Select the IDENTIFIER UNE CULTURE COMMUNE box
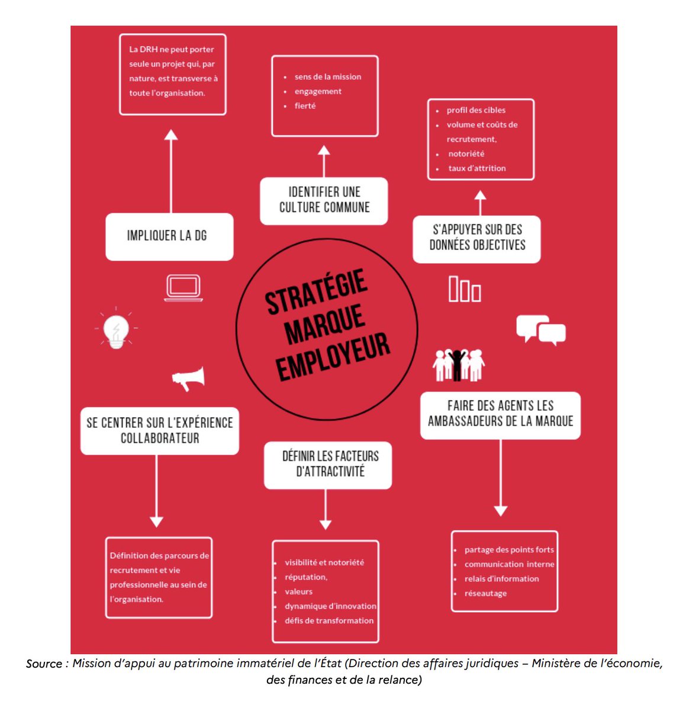coord(324,201)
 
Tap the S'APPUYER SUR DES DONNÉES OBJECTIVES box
coord(476,239)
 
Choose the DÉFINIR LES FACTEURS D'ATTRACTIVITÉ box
coord(328,465)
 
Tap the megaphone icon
coord(189,378)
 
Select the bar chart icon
coord(465,289)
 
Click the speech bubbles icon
coord(540,329)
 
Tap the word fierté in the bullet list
coord(305,106)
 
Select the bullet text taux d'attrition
coord(477,168)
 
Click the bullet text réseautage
coord(485,593)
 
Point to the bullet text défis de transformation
coord(329,620)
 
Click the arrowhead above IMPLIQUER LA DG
coord(171,134)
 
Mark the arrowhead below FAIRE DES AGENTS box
coord(501,511)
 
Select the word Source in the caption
coord(43,664)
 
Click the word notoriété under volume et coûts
coord(466,154)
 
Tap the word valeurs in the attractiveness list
coord(298,591)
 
